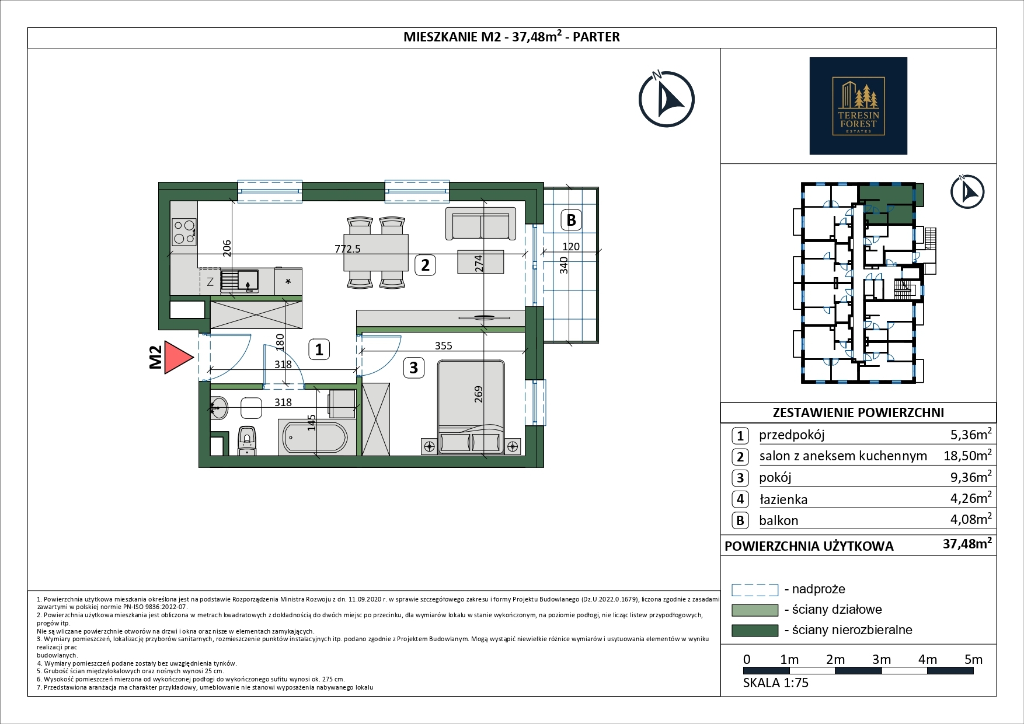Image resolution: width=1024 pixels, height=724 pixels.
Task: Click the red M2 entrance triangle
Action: pos(177,358)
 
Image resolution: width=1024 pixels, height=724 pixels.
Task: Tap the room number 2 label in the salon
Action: pos(425,265)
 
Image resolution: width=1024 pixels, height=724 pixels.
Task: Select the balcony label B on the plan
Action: pos(572,220)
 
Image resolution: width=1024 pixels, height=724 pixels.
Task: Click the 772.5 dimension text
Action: pos(347,249)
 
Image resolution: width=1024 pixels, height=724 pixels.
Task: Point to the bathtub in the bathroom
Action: pos(315,436)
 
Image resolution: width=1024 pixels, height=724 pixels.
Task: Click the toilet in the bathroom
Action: pos(247,440)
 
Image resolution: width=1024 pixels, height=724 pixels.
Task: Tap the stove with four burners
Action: pos(184,232)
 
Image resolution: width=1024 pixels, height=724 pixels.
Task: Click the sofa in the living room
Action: pos(480,223)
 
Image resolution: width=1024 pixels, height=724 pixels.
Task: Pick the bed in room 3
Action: pos(471,407)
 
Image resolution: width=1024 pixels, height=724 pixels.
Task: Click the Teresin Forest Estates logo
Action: pos(858,106)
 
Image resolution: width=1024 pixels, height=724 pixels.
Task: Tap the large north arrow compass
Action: pos(666,99)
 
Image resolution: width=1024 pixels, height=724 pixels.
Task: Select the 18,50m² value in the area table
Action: pos(967,455)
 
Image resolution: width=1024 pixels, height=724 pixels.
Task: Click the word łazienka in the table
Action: pos(783,499)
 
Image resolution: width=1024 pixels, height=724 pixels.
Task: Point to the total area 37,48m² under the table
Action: pos(967,544)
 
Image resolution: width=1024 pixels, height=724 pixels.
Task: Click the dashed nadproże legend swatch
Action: pos(755,590)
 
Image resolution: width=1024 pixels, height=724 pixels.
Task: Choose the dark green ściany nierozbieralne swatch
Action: pos(755,630)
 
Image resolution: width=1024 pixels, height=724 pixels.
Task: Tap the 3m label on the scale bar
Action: pos(882,659)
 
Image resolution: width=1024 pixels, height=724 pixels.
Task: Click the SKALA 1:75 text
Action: pos(776,683)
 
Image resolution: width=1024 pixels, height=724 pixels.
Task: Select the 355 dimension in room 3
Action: pos(444,345)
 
